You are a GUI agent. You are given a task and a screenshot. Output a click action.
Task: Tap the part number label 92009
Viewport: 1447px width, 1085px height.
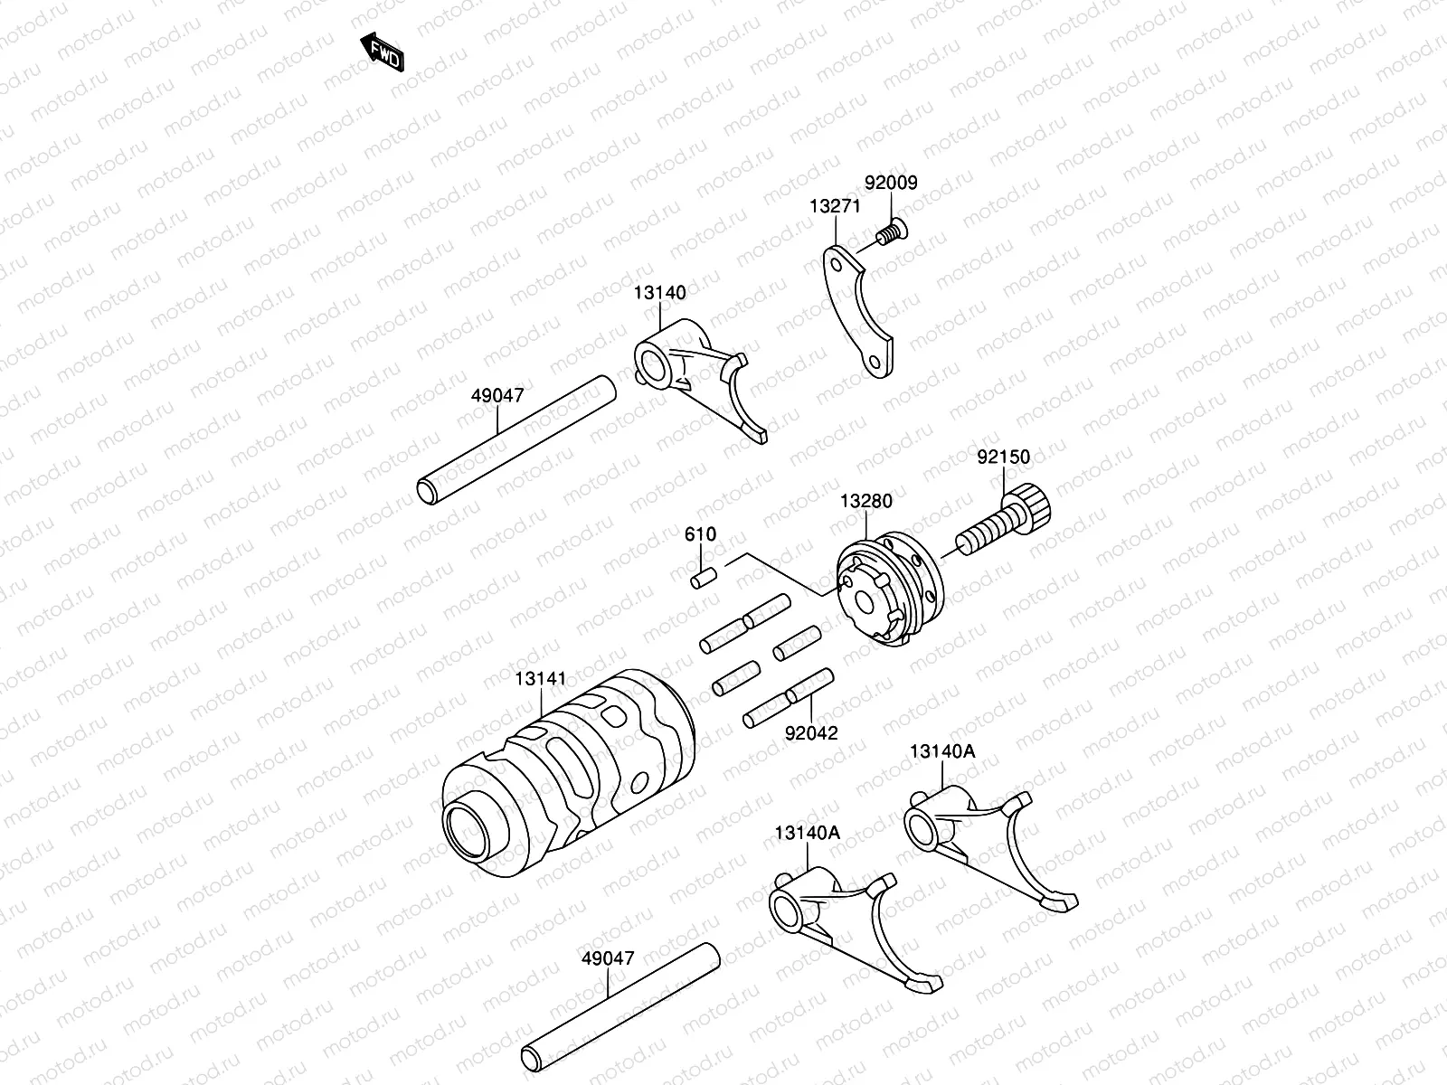pos(890,183)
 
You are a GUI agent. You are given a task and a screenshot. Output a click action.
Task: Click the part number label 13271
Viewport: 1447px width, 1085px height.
pos(834,207)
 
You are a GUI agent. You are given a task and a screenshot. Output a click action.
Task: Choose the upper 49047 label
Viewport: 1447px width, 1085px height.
pos(497,395)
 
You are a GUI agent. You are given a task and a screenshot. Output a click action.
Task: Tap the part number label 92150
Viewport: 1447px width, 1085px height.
pos(1003,458)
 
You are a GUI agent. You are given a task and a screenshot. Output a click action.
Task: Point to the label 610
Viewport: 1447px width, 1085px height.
pos(700,534)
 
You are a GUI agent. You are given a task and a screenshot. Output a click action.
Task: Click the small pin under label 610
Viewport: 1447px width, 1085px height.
pos(703,577)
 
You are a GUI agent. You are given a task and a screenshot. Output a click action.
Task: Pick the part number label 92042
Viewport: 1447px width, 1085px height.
pos(811,732)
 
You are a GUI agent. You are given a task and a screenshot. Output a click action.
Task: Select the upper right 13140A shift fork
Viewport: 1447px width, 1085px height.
pos(986,841)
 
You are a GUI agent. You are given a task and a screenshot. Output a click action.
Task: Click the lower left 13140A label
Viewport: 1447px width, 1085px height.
pos(807,833)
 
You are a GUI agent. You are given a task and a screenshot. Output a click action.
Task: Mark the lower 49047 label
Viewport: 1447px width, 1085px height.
pos(608,958)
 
